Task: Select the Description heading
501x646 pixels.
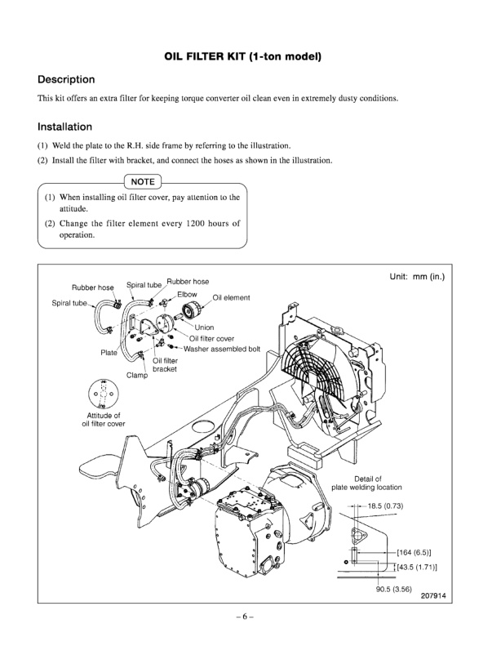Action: pos(67,80)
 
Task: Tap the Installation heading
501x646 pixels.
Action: pos(64,127)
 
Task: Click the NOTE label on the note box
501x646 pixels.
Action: pos(144,180)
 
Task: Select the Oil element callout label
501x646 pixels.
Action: pos(231,298)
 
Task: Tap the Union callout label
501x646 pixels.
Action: pos(203,327)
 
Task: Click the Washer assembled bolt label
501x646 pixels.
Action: pos(222,349)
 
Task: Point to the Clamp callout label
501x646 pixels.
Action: pos(136,376)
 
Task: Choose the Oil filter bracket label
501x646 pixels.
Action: pos(164,364)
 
